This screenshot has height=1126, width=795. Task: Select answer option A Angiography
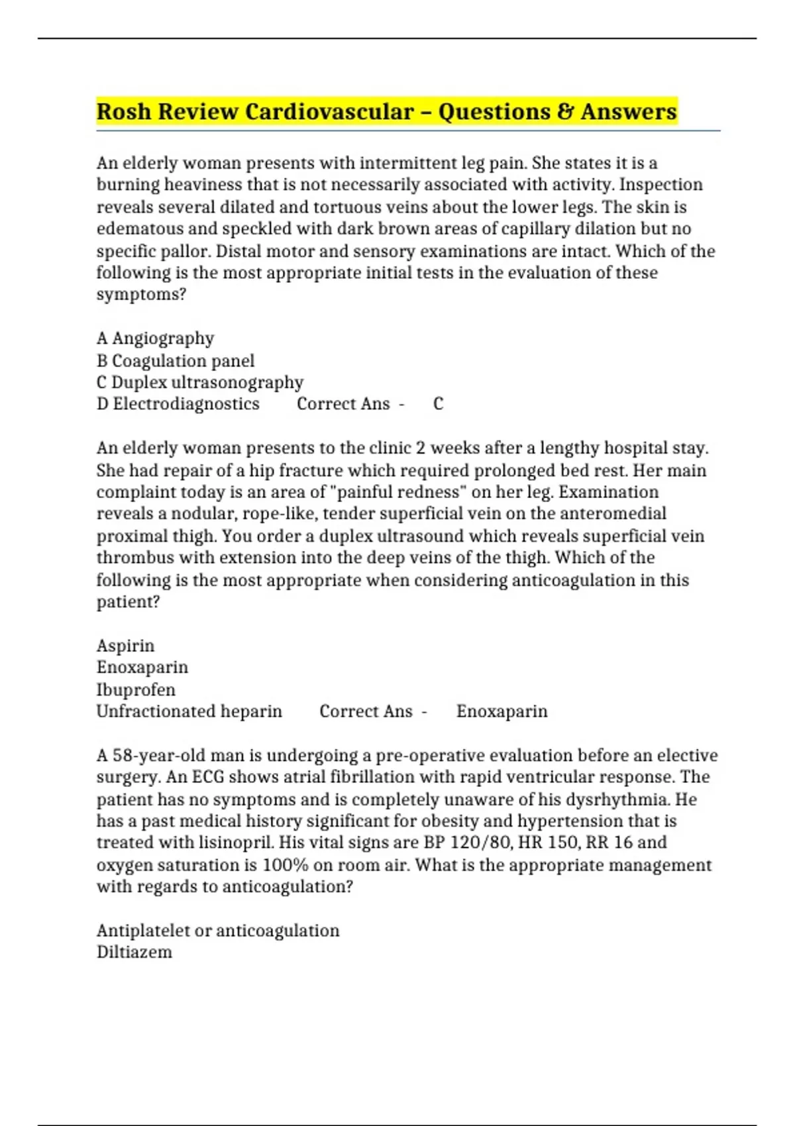click(x=155, y=338)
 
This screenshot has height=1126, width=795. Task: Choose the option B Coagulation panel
click(x=176, y=361)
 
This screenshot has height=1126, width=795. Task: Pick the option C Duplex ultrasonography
click(x=200, y=383)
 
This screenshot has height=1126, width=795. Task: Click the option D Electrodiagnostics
click(x=178, y=404)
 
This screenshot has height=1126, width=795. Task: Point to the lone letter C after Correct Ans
click(x=438, y=404)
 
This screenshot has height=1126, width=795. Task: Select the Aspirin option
click(x=125, y=646)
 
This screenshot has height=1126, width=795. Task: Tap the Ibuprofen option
click(x=136, y=690)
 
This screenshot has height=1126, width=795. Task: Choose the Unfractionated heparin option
click(x=189, y=711)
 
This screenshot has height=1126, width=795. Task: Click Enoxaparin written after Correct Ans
click(x=502, y=711)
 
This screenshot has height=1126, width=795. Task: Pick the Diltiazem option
click(x=134, y=952)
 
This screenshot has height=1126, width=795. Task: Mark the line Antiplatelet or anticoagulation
click(x=218, y=931)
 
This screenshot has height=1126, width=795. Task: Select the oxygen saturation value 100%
click(x=281, y=865)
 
